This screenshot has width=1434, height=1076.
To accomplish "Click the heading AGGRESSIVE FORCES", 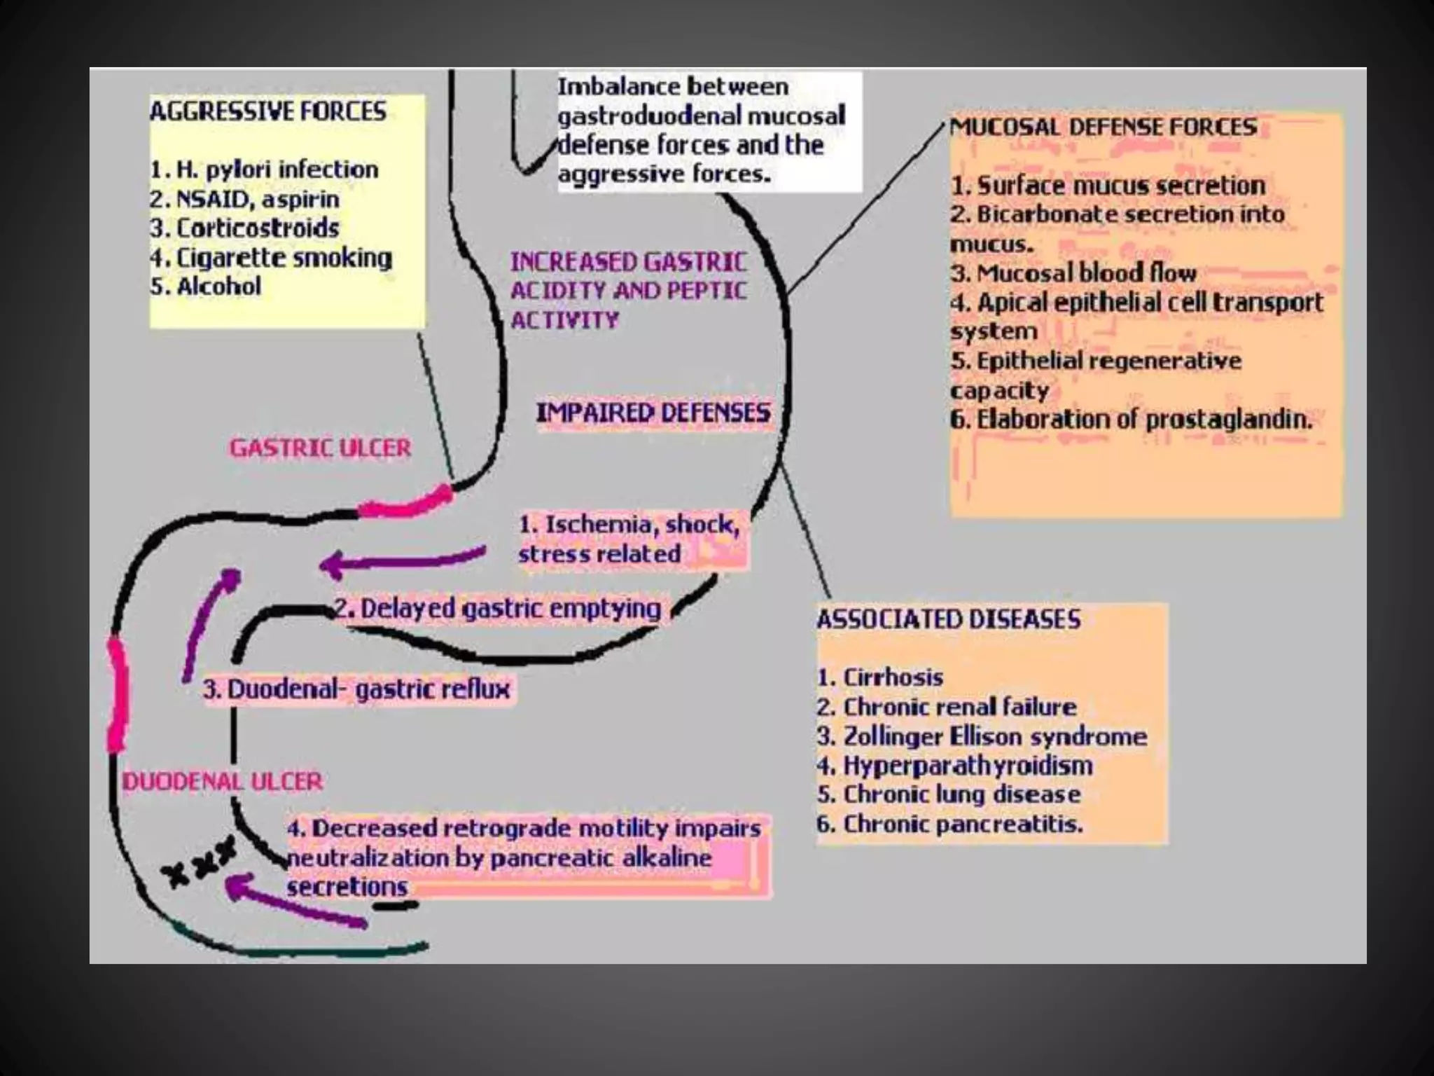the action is [267, 111].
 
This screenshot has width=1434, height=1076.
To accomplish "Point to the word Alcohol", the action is [219, 286].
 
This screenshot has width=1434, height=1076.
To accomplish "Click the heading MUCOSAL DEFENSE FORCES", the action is [1104, 127].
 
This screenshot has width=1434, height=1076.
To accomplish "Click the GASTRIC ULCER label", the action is [321, 448].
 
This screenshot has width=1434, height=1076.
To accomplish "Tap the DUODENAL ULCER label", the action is [223, 781].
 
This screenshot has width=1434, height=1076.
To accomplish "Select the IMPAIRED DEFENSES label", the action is [653, 413].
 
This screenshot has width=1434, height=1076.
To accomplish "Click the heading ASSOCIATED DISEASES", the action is [949, 619].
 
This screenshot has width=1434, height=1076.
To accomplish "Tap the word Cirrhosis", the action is [893, 677].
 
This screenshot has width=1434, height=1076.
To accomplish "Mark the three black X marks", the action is [198, 862].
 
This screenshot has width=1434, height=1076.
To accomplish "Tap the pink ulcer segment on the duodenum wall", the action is [118, 694].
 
